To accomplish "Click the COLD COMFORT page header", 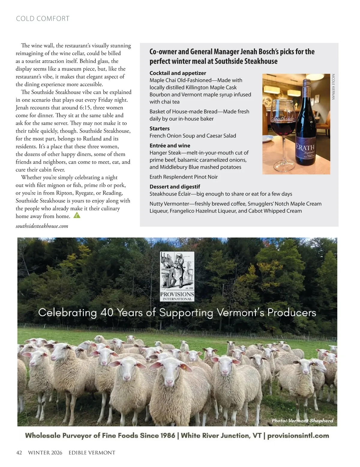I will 43,19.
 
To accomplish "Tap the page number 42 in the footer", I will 19,453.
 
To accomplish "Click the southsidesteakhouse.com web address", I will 42,226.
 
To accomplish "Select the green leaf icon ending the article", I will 77,215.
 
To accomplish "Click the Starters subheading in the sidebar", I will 160,129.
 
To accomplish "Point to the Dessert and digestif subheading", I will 175,186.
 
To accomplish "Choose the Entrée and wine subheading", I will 170,146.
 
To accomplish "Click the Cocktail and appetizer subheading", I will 178,73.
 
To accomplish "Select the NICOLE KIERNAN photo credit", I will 333,87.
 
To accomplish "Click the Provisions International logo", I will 177,276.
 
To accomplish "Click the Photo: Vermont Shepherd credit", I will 302,421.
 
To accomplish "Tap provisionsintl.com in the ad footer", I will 298,436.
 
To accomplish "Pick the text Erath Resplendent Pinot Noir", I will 184,177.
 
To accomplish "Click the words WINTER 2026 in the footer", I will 45,453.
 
